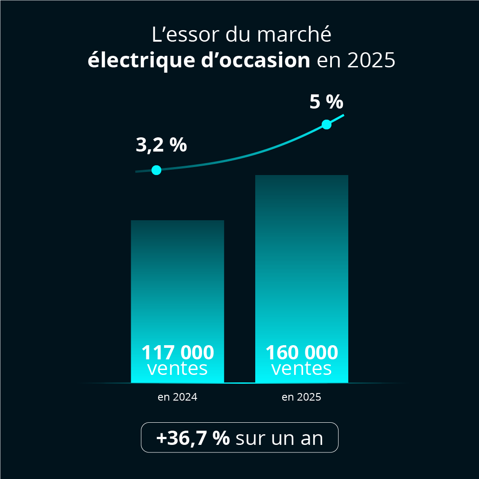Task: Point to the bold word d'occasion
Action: coord(253,60)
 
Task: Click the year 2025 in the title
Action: coord(371,60)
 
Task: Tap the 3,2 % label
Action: coord(161,145)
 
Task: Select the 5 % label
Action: coord(326,102)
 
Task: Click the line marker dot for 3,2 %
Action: coord(156,170)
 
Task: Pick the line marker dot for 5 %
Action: coord(327,125)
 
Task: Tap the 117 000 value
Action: coord(177,353)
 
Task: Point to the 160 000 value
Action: coord(301,353)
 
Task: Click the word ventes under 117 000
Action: coord(177,369)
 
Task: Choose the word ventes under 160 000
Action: coord(301,369)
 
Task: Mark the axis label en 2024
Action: coord(177,397)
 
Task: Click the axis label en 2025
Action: coord(301,397)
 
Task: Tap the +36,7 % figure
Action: coord(193,438)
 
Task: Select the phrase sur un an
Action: coord(279,438)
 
